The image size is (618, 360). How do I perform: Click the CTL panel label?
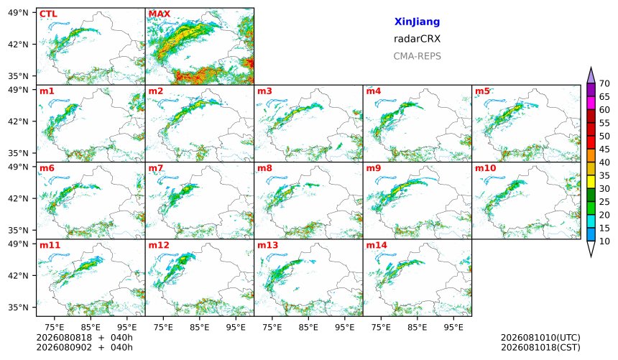point(48,14)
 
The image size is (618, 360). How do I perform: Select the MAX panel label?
point(160,14)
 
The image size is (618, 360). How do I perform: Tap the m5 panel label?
point(482,91)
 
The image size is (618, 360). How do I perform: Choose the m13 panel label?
point(267,245)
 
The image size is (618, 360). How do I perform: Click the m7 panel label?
point(156,168)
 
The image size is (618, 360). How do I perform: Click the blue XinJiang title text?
point(417,22)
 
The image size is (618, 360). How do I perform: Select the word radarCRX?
point(417,39)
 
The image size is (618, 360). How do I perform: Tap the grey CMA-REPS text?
point(417,56)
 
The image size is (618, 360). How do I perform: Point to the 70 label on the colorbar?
point(604,83)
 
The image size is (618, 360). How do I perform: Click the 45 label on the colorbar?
point(604,149)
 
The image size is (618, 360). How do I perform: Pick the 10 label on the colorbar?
point(604,241)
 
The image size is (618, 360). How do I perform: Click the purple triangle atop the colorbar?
point(591,76)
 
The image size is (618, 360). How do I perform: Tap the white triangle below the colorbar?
point(591,249)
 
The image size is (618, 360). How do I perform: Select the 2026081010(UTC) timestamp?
point(540,338)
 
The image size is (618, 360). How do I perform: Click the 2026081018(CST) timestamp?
point(540,348)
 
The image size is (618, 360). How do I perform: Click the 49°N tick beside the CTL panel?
point(18,13)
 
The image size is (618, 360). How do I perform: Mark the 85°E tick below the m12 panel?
point(200,327)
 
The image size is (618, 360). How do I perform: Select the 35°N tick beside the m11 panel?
point(18,307)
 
